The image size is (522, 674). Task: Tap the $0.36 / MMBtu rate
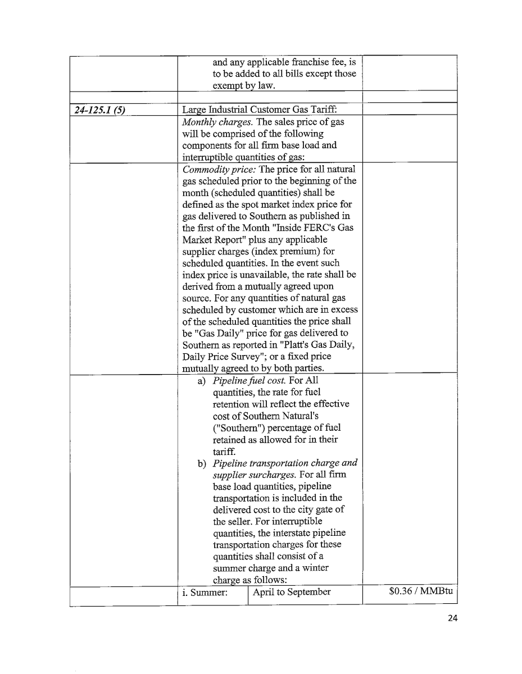tap(421, 592)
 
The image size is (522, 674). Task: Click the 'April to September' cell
tap(292, 592)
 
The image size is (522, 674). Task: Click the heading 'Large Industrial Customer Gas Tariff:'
tap(259, 110)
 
